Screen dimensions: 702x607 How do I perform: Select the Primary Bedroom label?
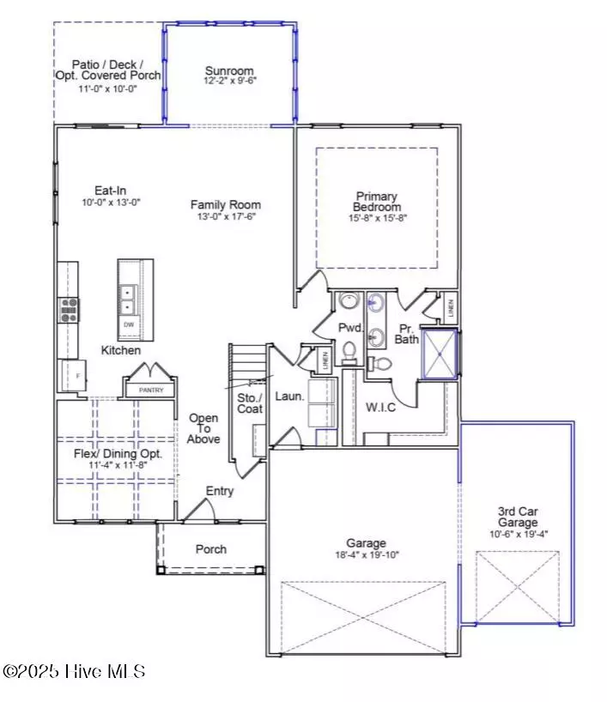tap(377, 202)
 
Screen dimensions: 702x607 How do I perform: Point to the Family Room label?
tap(225, 205)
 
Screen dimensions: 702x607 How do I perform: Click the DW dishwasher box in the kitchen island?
tap(130, 325)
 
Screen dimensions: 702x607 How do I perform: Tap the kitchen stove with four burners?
tap(67, 309)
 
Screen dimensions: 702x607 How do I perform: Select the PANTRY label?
tap(150, 390)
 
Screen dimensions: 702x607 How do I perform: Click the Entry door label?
tap(219, 491)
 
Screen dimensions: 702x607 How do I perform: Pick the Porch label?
tap(211, 549)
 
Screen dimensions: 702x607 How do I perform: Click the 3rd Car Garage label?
tap(518, 516)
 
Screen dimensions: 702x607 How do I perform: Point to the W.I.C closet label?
tap(380, 407)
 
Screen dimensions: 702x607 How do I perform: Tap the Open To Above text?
tap(203, 428)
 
